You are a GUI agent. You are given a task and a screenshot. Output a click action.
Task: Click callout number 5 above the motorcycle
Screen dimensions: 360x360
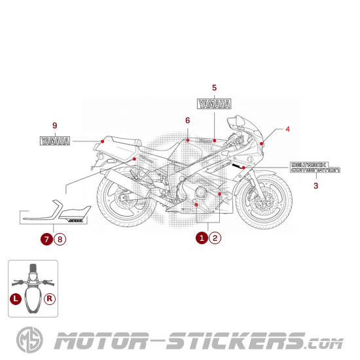point(214,87)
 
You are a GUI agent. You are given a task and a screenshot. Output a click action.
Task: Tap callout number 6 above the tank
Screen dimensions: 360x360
point(187,120)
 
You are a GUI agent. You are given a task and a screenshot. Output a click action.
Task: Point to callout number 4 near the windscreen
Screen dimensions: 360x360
point(287,129)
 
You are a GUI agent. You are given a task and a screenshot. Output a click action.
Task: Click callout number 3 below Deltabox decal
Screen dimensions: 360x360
point(315,186)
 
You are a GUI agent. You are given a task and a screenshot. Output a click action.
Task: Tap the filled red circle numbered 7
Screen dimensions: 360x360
point(46,239)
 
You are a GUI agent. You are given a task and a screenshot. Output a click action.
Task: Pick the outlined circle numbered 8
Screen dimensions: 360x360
point(60,239)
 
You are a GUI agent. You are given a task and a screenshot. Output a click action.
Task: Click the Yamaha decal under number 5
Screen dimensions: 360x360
point(214,103)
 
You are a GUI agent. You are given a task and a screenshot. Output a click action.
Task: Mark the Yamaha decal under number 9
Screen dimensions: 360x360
point(56,141)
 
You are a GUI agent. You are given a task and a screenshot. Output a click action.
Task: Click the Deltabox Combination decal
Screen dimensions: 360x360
point(315,168)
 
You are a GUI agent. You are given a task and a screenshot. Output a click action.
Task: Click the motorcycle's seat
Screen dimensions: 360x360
point(121,143)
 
